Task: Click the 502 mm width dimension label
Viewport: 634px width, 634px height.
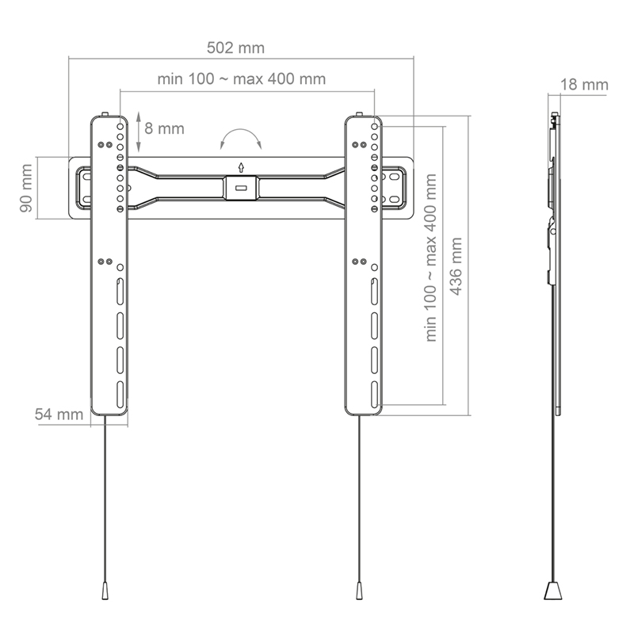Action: point(235,48)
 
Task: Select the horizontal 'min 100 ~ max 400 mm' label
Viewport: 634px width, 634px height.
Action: point(241,79)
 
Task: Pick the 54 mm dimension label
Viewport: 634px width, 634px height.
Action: point(59,414)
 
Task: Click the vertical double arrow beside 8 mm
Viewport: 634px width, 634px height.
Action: point(139,132)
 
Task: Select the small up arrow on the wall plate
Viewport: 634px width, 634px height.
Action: point(241,166)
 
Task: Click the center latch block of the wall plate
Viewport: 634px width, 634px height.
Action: point(241,188)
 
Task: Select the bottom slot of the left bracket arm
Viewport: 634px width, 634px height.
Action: point(120,392)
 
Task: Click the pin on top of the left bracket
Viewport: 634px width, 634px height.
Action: point(105,115)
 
